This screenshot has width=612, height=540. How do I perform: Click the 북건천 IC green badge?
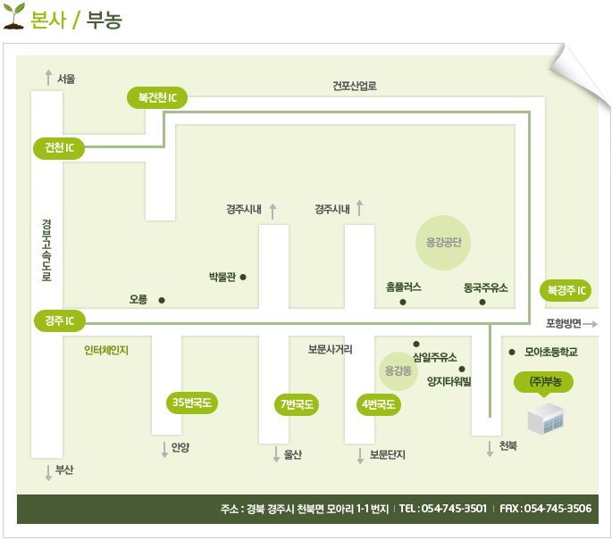(157, 97)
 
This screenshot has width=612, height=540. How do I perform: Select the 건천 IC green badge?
(59, 148)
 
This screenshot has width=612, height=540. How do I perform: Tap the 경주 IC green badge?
(59, 321)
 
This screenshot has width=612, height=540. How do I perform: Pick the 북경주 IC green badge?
(566, 290)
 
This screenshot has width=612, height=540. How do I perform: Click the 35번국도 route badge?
(191, 403)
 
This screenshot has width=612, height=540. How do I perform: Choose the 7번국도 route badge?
(297, 404)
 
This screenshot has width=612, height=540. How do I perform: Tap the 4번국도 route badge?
(378, 404)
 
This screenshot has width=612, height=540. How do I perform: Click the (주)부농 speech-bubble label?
(544, 382)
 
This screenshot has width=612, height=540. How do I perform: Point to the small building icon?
(546, 420)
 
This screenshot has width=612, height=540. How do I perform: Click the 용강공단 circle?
(443, 243)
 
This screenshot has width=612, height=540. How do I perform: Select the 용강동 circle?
(398, 370)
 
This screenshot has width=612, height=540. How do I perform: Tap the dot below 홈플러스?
(403, 303)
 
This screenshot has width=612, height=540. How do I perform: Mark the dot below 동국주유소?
(482, 303)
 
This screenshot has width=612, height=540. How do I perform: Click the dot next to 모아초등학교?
(512, 352)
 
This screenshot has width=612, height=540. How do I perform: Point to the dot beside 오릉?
(162, 300)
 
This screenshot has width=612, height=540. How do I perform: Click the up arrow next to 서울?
(48, 78)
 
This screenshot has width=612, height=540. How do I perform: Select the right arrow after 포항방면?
(591, 324)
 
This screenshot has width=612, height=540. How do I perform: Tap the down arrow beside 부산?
(48, 473)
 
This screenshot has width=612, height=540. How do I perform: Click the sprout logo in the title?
(14, 15)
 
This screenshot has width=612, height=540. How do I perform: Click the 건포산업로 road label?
(355, 87)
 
